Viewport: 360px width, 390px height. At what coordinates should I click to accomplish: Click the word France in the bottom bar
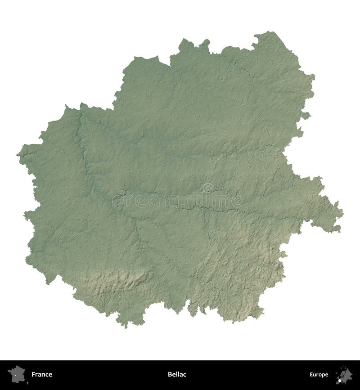pos(42,374)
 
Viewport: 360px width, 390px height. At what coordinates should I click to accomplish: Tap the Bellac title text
pos(177,374)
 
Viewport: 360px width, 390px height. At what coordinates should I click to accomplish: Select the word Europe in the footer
pos(319,374)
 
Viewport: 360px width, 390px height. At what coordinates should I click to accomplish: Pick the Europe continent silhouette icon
pos(344,374)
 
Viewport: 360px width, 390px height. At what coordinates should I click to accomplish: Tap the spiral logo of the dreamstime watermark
pos(207,188)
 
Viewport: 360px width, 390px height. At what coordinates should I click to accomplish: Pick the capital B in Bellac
pos(170,374)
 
